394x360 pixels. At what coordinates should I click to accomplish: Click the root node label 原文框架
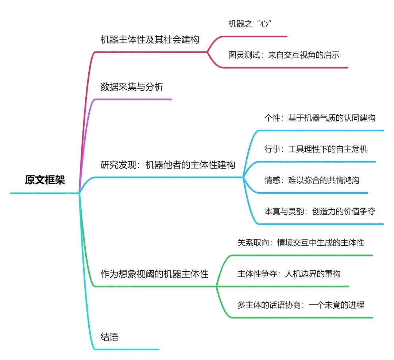(45, 180)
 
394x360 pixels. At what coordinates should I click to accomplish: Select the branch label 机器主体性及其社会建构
(150, 39)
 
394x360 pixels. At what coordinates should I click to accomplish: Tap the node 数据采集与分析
(132, 87)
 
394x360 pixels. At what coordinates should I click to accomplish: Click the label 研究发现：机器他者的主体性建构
(167, 165)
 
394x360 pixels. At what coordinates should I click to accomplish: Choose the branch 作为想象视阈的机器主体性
(154, 274)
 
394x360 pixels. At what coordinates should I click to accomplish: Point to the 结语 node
(109, 337)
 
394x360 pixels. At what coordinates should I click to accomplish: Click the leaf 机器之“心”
(250, 24)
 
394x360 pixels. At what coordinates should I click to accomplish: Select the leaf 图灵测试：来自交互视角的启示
(284, 55)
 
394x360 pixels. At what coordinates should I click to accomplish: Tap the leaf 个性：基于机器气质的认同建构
(320, 118)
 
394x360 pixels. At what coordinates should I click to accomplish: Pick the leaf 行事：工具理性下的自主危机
(316, 149)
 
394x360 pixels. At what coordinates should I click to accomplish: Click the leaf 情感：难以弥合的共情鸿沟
(312, 180)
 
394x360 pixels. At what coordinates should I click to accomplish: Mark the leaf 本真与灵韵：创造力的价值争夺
(320, 211)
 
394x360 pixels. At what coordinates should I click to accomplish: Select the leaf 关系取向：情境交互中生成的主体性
(301, 243)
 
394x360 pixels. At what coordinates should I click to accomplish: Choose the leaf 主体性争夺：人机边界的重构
(289, 274)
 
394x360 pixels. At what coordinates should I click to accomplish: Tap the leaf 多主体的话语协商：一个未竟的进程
(301, 305)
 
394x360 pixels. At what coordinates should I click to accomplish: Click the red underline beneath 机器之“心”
(255, 36)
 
